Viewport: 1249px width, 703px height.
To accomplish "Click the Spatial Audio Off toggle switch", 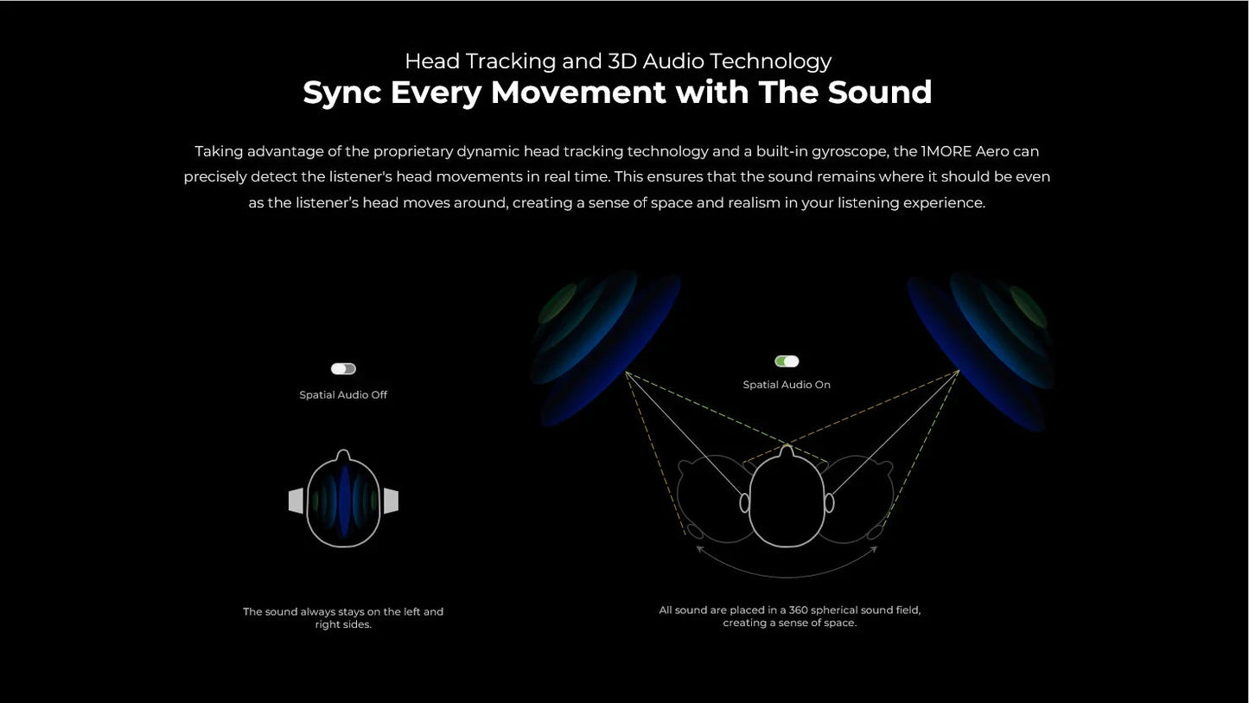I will click(343, 369).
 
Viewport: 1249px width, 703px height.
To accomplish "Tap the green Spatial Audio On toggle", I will click(787, 361).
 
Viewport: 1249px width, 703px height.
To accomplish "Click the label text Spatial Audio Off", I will click(343, 395).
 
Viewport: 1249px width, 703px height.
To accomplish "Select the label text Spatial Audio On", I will click(787, 385).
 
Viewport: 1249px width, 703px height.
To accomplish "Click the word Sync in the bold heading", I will click(341, 93).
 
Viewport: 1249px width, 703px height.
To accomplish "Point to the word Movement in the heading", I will click(579, 93).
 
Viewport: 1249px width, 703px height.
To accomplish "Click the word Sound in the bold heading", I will click(879, 93).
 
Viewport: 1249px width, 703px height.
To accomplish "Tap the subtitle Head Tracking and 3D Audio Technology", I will click(617, 61).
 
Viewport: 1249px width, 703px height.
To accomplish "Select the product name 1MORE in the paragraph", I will click(946, 151).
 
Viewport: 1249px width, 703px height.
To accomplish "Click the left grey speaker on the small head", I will click(296, 501).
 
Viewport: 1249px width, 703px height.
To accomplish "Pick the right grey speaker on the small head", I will click(391, 501).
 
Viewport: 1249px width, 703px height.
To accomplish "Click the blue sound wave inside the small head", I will click(344, 502).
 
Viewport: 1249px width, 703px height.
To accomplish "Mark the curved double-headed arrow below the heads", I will click(787, 572).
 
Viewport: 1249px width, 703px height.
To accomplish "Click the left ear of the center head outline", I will click(744, 502).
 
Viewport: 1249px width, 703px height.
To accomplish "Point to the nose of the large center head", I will click(787, 451).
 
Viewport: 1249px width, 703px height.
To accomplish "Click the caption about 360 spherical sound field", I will click(789, 617).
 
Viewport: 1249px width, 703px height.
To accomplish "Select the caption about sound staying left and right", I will click(343, 617).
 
